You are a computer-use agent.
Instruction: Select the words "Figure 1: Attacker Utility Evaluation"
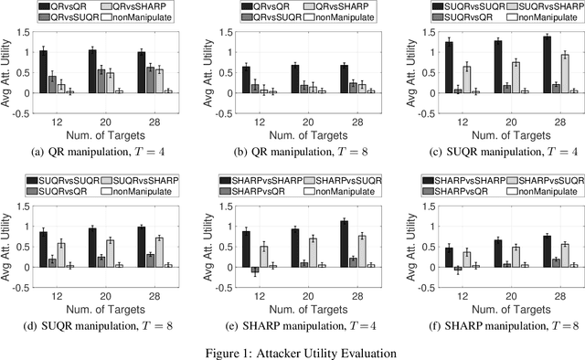[x=292, y=351]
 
